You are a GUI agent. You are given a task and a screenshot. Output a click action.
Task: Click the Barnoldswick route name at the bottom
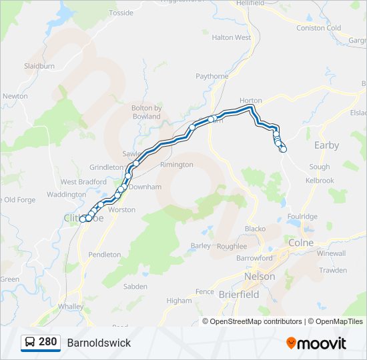coord(99,343)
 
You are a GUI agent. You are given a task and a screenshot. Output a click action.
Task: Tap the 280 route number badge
coord(41,342)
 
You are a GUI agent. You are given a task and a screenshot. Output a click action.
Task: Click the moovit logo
coord(316,343)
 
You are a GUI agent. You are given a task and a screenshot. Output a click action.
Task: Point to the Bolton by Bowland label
coord(146,112)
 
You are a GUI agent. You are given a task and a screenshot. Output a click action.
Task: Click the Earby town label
coord(326,145)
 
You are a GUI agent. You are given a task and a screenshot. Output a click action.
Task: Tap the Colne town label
coord(301,243)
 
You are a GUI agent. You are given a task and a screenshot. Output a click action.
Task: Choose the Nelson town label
coord(260,276)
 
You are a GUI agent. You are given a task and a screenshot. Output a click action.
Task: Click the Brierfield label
coord(239,294)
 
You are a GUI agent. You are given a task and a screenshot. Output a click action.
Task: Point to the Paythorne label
coord(212,77)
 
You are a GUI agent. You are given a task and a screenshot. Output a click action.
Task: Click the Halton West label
coord(231,38)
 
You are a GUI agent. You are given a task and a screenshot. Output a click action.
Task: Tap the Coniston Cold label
coord(319,28)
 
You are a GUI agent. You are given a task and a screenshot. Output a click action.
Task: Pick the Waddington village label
coord(67,195)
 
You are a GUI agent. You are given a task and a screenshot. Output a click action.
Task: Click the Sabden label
coord(135,287)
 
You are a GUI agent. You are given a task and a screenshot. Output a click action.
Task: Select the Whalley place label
coord(71,306)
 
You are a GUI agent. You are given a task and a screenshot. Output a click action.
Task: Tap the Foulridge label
coord(302,217)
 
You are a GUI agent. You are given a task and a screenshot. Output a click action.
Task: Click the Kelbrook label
coord(320,181)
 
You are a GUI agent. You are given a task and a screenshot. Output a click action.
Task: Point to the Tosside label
coord(121,13)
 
